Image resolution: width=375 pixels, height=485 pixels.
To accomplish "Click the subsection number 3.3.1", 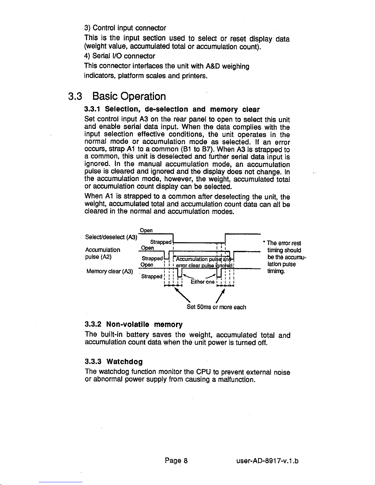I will tap(92, 109).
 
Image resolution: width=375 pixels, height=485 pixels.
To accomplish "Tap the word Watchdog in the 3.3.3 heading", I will tap(124, 362).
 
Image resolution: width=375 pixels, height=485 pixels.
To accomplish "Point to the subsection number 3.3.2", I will tap(93, 324).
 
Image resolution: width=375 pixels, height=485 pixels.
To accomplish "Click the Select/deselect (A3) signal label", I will tap(111, 237).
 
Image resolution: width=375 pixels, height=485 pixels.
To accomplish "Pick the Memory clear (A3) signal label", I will tap(110, 271).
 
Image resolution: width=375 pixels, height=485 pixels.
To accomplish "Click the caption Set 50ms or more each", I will tap(216, 307).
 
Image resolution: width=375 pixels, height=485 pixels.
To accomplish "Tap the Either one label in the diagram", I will tap(202, 282).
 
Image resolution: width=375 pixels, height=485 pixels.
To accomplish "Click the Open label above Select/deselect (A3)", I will tap(146, 230).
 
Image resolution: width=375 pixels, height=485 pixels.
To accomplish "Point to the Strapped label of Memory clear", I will tap(152, 276).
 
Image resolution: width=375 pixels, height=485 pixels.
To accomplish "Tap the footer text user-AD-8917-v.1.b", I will tap(267, 460).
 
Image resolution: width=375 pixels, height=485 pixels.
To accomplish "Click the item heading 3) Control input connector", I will tap(125, 28).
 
